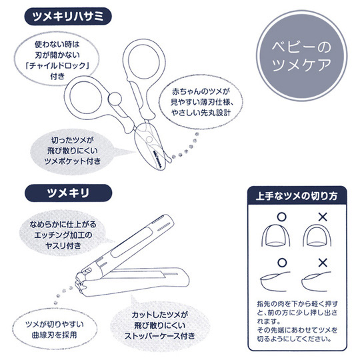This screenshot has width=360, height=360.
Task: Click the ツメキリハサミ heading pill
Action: click(66, 17)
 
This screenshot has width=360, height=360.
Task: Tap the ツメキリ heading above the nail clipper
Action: click(65, 193)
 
